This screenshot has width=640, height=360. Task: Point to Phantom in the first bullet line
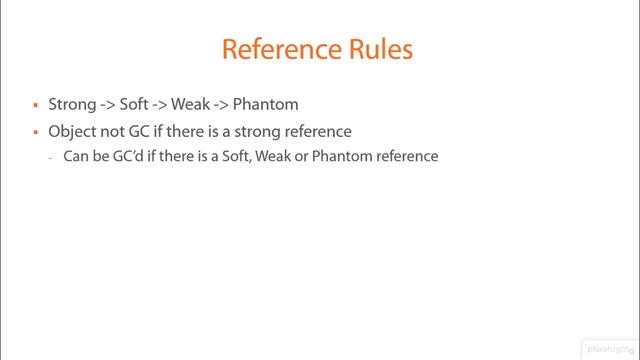tap(265, 104)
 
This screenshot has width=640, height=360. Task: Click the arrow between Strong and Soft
tap(108, 104)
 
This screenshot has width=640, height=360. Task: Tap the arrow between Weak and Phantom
tap(221, 104)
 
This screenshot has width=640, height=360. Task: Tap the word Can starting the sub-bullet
tap(76, 157)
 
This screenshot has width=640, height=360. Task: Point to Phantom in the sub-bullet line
tap(341, 157)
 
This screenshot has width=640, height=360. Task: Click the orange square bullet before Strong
tap(36, 105)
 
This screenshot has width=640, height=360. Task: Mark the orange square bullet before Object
tap(36, 132)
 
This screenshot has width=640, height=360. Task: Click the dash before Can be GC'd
tap(50, 158)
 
